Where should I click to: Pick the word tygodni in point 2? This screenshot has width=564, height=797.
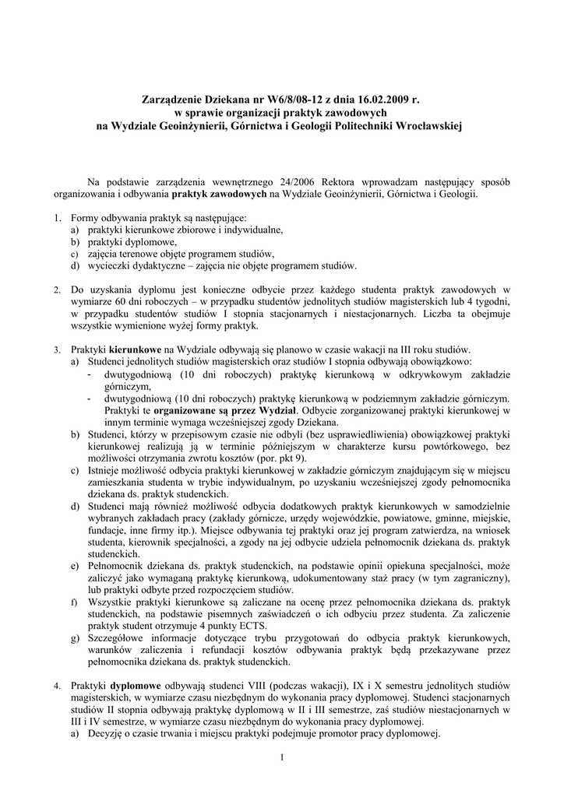click(x=492, y=302)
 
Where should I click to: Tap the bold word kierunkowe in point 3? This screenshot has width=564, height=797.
click(x=136, y=349)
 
